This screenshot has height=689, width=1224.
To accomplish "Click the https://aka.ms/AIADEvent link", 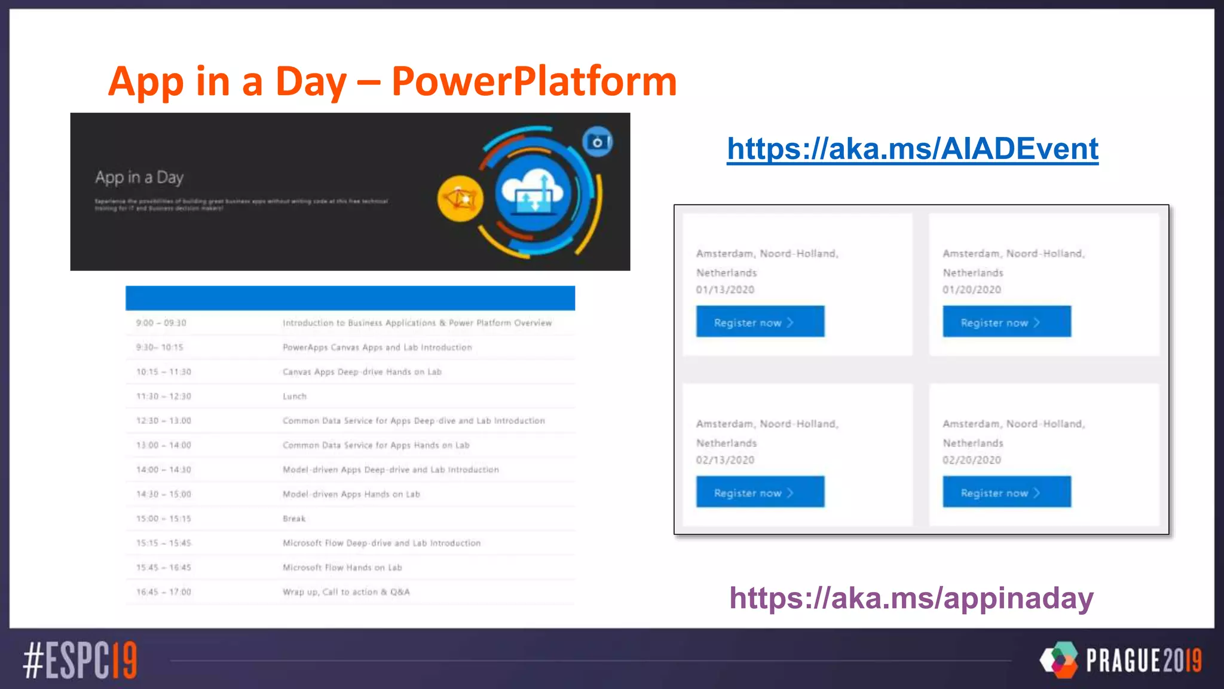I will click(x=912, y=149).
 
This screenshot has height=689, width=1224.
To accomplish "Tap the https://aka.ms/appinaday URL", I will click(x=911, y=597).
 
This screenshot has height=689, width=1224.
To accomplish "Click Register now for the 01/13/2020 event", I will click(x=760, y=322).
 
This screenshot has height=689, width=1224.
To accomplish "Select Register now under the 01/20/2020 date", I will click(x=1006, y=322).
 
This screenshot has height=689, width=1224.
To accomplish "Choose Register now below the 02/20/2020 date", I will click(x=1006, y=492).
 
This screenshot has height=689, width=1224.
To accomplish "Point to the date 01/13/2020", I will click(x=725, y=290).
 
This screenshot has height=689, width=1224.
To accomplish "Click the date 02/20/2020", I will click(x=972, y=460).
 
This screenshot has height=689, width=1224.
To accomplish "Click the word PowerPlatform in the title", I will click(x=534, y=81).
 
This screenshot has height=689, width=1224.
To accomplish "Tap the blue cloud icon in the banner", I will click(x=532, y=193).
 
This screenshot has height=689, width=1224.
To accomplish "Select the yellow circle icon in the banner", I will click(x=460, y=199).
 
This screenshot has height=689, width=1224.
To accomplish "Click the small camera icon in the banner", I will click(x=597, y=142).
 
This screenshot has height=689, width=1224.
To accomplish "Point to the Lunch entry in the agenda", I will click(x=295, y=397).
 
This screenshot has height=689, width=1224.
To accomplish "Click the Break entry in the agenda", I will click(x=294, y=519).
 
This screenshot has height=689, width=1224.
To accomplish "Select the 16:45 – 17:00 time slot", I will click(x=164, y=592).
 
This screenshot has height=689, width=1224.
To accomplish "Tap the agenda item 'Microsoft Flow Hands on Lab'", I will click(x=342, y=568).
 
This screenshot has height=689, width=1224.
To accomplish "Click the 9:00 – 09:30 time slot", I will click(x=161, y=323).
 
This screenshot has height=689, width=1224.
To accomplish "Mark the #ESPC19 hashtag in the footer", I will click(x=80, y=660).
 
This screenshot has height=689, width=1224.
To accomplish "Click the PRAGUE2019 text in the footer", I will click(x=1143, y=661).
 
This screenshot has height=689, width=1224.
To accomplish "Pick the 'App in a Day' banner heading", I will click(x=139, y=178).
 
